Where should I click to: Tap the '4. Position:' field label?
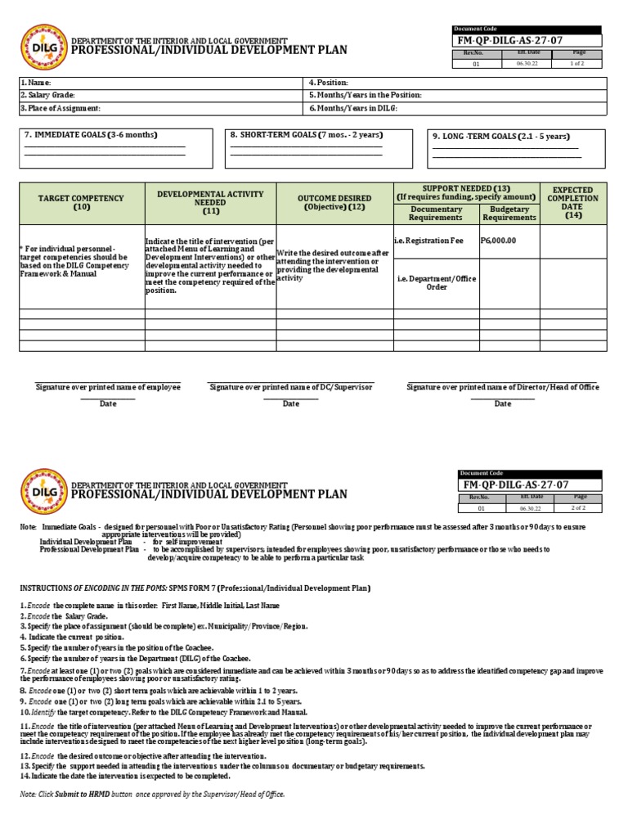pos(329,83)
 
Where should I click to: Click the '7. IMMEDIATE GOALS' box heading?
pos(91,134)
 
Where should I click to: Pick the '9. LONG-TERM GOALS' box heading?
pos(500,137)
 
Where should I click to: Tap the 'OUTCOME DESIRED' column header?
pos(334,202)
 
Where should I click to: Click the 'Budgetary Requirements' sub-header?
pos(509,214)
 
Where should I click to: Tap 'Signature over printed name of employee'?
pos(108,386)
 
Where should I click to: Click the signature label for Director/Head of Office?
pos(502,386)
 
